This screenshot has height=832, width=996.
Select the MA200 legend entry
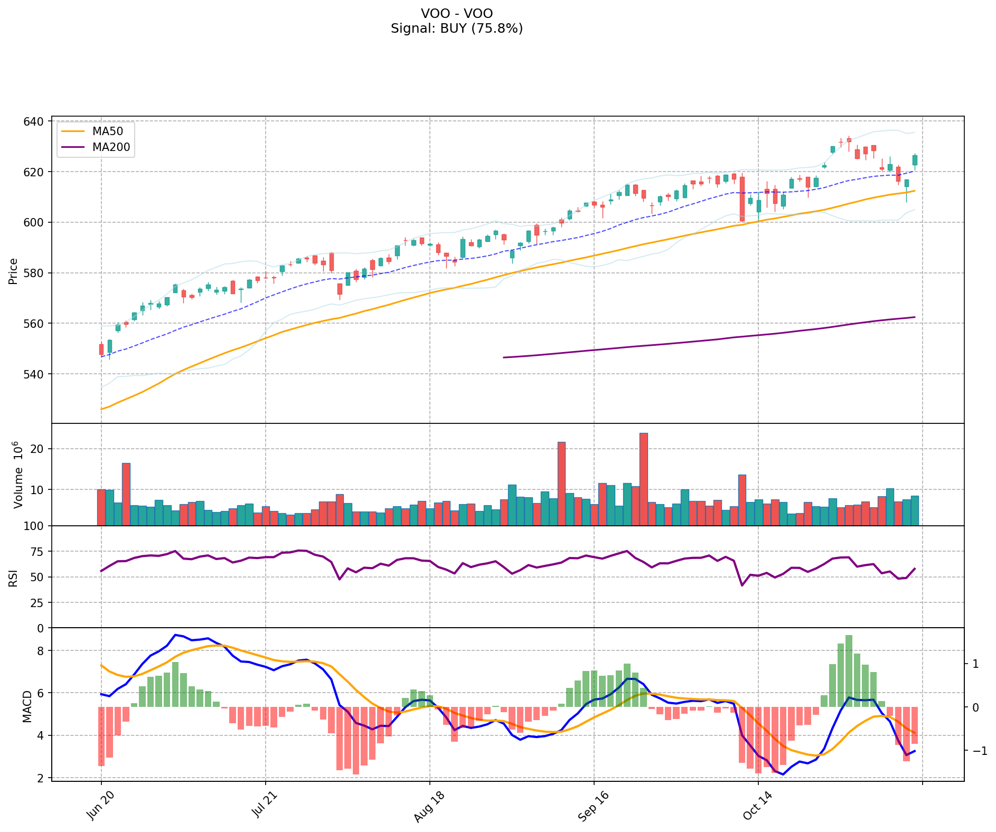coord(110,147)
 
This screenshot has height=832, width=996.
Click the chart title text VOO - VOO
coord(457,13)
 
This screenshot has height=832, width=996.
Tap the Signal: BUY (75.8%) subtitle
coord(457,29)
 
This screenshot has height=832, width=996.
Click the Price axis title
coord(13,271)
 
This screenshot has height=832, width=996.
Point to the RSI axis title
coord(13,578)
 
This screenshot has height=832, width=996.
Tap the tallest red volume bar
coord(643,479)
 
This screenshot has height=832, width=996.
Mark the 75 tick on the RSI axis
coord(39,552)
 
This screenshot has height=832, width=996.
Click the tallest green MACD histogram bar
coord(849,670)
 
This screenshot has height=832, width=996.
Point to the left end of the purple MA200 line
coord(504,357)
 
